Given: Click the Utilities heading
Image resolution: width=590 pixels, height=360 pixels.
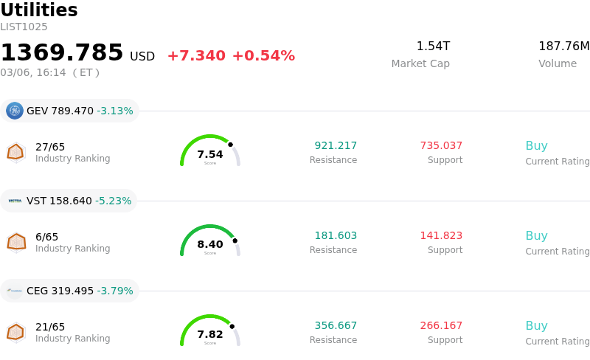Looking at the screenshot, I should pos(39,11).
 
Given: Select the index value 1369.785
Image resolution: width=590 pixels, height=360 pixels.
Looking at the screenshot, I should pos(62,53).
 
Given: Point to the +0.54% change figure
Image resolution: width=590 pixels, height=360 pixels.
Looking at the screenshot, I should pos(263,56).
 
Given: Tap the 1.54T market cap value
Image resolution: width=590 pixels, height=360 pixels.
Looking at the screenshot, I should pos(433,46).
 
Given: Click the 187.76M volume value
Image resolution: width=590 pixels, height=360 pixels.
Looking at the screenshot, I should pos(563,46).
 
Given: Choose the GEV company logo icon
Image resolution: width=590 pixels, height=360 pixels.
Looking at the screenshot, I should pos(15,111).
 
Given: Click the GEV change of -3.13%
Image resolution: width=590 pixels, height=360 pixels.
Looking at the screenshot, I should pos(115,111).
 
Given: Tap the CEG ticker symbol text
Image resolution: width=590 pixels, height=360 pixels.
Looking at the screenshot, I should pos(38,291).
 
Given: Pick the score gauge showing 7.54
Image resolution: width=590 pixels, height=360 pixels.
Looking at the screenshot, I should pos(210,151).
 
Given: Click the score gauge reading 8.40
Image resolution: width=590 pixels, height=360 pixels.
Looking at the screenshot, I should pos(210,241).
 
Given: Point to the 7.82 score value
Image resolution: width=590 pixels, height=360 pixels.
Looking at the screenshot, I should pos(210,334).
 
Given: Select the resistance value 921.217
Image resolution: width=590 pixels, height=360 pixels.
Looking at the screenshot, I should pos(336,146).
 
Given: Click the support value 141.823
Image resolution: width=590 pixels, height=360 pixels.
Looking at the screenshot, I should pos(441,236).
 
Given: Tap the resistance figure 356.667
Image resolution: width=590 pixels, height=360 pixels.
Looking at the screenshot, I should pos(336,326).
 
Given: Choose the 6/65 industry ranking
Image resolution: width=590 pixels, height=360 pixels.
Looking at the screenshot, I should pos(46,238).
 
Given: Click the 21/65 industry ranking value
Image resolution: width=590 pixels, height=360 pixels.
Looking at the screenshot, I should pos(50,328).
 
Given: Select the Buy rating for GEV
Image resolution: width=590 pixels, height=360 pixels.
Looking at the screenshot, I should pos(536,146).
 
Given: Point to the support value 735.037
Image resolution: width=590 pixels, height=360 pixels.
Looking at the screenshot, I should pos(441,146).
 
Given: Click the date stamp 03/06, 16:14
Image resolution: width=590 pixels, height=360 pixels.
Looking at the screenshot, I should pos(33,73).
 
